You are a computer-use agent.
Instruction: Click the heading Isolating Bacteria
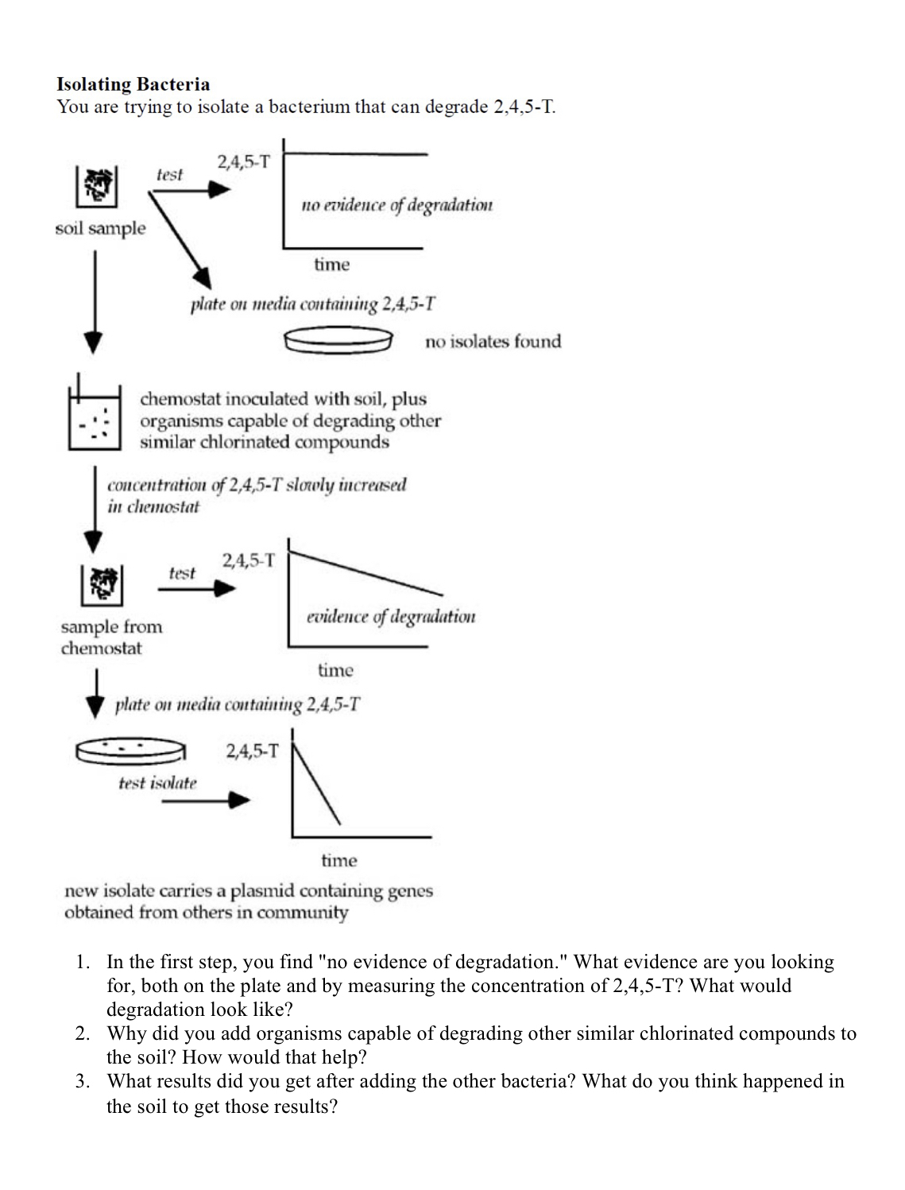coord(133,84)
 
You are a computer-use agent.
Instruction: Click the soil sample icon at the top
coord(97,187)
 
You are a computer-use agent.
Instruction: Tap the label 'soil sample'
coord(100,229)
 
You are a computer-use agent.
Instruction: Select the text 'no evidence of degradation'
coord(396,205)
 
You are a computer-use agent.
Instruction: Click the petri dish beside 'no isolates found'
coord(338,341)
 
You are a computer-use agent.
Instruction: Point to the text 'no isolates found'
coord(493,342)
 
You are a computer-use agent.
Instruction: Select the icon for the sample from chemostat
coord(101,585)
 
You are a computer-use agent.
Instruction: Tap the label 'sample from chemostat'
coord(110,638)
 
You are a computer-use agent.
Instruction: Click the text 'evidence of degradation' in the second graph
coord(391,617)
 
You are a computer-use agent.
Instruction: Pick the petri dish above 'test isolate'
coord(131,750)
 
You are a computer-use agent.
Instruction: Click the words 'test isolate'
coord(157,783)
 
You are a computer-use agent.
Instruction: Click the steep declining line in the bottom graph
coord(318,787)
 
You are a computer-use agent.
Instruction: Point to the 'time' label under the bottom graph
coord(339,860)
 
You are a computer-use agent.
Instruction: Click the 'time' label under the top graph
coord(331,265)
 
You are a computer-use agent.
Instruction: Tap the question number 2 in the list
coord(82,1033)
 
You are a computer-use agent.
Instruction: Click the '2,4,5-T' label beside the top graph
coord(243,162)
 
